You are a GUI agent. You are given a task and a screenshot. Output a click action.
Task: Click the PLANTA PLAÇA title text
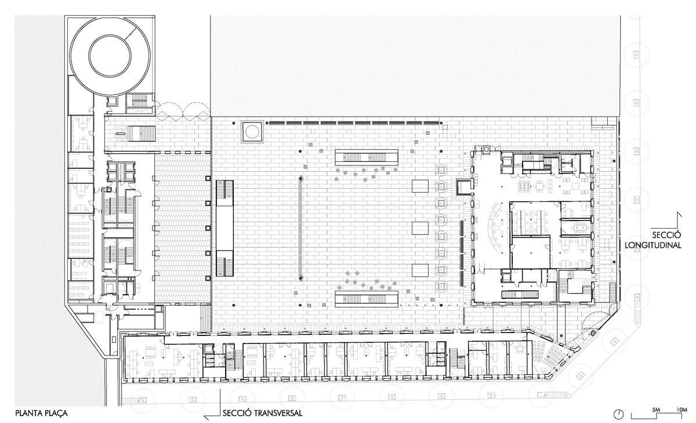point(41,413)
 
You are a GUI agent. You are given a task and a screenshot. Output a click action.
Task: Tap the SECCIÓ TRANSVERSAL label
point(262,413)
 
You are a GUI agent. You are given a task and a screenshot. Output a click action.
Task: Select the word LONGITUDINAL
point(653,245)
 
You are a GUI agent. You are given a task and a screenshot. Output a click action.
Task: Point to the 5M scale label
point(655,410)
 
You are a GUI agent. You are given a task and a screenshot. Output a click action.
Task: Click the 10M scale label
point(681,410)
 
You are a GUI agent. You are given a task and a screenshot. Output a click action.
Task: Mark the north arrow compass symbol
point(619,414)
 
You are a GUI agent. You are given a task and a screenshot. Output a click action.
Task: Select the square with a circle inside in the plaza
point(252,132)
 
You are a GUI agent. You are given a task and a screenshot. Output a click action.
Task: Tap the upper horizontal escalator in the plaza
point(367,157)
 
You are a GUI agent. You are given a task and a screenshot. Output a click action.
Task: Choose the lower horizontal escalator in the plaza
point(367,299)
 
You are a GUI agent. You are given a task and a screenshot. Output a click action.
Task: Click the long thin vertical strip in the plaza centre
point(300,229)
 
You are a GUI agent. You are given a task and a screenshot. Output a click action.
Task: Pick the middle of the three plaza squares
point(420,228)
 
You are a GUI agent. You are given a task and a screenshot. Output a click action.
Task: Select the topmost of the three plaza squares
point(420,186)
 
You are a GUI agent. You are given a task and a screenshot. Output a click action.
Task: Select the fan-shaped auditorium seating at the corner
point(550,355)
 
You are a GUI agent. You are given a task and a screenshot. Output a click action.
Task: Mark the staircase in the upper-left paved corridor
point(142,133)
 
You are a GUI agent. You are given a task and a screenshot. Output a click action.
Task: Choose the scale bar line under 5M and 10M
point(659,415)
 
